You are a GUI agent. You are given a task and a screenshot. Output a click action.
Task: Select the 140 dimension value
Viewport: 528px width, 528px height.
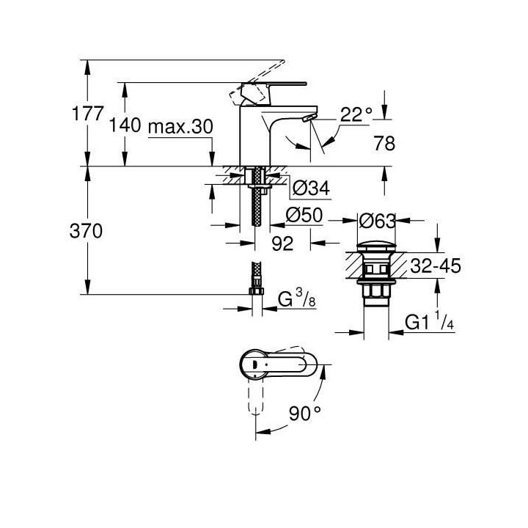(124, 125)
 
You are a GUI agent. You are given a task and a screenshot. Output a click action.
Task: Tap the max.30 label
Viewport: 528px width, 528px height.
(180, 125)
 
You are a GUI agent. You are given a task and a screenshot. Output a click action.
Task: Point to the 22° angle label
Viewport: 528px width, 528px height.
(356, 114)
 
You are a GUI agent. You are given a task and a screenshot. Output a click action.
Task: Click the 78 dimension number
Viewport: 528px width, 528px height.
(384, 144)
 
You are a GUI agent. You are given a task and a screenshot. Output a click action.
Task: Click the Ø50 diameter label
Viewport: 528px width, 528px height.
(306, 218)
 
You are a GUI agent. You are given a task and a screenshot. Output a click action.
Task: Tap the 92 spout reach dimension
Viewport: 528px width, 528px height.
(282, 244)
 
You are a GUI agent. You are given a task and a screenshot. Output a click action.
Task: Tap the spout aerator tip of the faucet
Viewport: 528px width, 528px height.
(307, 117)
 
